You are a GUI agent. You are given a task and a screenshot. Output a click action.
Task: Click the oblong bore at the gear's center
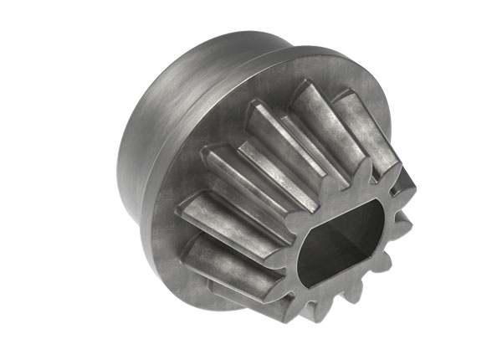pos(341,243)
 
